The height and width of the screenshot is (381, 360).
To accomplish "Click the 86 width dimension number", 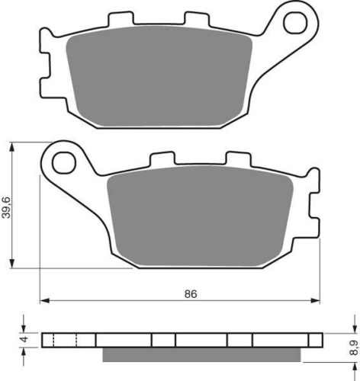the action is tap(191, 294).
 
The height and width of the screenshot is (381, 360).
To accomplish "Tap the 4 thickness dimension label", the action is tap(25, 340).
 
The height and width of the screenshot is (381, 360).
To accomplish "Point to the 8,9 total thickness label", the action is tap(355, 347).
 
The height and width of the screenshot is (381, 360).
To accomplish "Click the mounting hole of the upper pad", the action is tap(295, 24).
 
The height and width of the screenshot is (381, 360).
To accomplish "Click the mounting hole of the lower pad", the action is tap(64, 163).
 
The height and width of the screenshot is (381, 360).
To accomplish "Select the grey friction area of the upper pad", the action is tap(159, 76).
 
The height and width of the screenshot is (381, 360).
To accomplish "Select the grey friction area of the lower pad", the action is tap(200, 216).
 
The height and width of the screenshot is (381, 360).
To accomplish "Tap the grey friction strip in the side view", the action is tap(201, 354).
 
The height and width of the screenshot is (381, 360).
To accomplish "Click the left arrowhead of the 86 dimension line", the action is tap(45, 301).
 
